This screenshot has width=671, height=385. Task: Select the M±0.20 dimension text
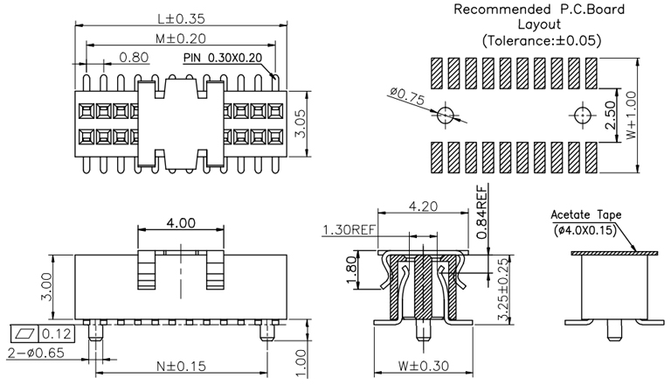174,38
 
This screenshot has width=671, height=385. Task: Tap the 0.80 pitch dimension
133,58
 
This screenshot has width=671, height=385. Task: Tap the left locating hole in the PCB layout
446,115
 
